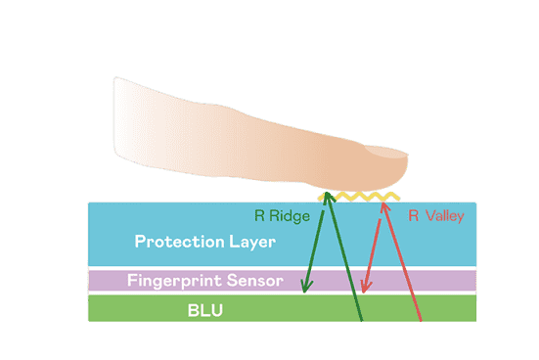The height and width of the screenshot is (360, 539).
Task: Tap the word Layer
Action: (252, 242)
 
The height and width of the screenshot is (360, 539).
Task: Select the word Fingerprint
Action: (173, 281)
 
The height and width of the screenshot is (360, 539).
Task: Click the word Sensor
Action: (254, 281)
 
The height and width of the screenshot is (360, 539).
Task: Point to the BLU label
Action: (205, 310)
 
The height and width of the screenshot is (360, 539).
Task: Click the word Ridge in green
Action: (290, 216)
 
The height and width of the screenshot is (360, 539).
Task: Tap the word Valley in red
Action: (445, 216)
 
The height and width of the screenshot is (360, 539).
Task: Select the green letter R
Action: (259, 216)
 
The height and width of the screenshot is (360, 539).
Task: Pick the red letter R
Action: (414, 216)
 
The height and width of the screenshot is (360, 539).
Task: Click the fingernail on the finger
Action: (386, 152)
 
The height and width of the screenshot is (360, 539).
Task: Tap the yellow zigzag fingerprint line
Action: (359, 197)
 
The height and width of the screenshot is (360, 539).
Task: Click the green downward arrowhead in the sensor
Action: (305, 286)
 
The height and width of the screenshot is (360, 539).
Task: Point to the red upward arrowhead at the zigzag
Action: (384, 205)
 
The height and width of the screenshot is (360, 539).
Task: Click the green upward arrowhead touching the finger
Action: (329, 197)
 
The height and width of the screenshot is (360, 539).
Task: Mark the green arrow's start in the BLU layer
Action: (361, 321)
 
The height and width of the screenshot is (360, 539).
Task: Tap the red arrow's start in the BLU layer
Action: (421, 321)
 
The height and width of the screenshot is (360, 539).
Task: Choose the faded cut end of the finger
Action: (116, 118)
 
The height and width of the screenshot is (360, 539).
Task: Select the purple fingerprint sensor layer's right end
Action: (475, 281)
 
